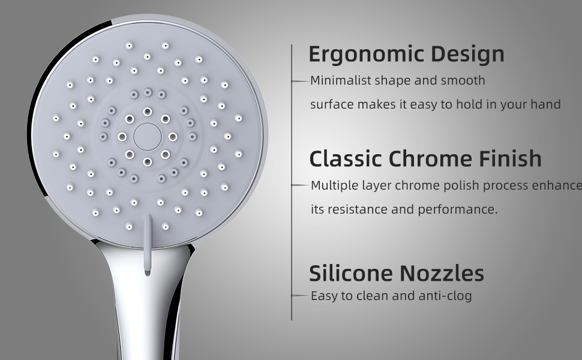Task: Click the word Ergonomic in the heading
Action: pos(367,55)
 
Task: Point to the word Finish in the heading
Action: pos(510,158)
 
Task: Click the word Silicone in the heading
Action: pos(351,273)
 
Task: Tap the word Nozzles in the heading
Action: pos(442,273)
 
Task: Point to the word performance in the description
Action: pos(458,209)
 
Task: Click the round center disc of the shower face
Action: pos(148,137)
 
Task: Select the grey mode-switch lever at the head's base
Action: pos(148,245)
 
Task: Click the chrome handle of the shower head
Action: pos(148,304)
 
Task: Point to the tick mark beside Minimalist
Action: pos(301,81)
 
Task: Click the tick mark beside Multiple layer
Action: pos(301,185)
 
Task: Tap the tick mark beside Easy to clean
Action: pos(301,295)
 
